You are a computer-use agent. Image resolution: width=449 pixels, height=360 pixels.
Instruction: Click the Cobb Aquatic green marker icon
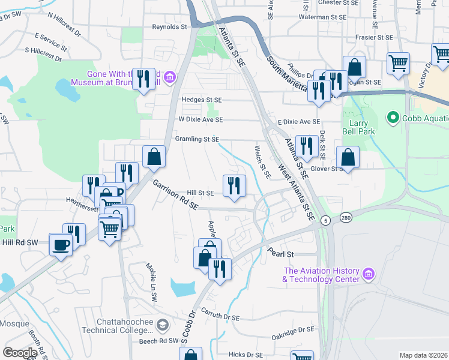coord(393,117)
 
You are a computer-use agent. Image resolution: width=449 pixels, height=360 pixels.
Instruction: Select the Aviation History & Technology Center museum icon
coord(369,275)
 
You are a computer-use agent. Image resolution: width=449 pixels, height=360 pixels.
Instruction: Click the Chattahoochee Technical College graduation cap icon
coord(161,325)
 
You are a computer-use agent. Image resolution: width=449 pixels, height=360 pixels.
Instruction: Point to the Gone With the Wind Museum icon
coord(170,76)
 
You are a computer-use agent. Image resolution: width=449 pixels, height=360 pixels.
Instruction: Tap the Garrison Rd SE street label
coord(175,195)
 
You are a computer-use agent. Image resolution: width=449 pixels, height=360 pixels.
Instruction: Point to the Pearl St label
coord(280,254)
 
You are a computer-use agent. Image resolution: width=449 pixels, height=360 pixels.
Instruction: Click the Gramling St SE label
coord(196,139)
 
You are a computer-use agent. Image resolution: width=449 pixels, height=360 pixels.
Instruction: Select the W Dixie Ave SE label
coord(200,120)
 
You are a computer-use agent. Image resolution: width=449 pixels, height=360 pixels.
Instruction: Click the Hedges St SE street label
coord(202,100)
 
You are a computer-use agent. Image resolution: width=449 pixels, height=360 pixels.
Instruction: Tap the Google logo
coord(20,352)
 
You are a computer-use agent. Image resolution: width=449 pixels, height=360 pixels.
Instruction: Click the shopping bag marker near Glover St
coord(348,158)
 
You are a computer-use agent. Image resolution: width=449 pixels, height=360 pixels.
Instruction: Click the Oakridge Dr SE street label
coord(293,331)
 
